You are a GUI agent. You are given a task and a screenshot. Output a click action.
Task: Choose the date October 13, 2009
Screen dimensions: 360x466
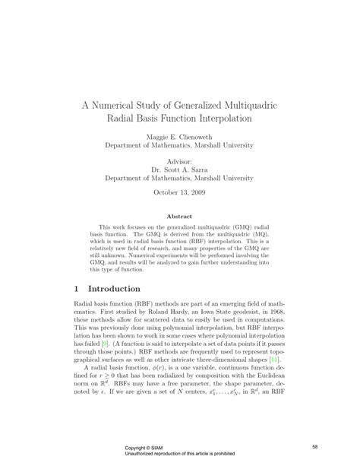[179, 192]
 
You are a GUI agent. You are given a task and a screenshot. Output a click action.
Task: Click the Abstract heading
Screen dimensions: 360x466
[178, 217]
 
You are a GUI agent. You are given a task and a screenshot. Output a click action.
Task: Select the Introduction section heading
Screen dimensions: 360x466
[125, 289]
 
